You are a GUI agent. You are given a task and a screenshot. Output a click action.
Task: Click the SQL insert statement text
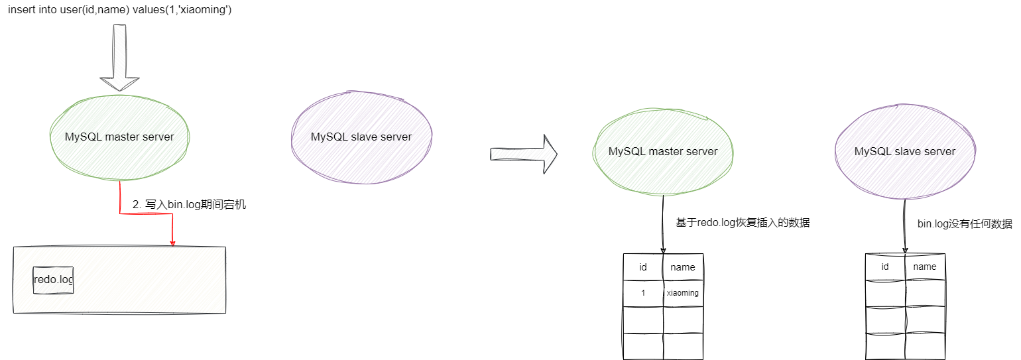tap(119, 11)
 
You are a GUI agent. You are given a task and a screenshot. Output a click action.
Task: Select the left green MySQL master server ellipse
tap(119, 137)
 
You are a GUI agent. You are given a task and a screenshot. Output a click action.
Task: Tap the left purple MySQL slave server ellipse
tap(361, 137)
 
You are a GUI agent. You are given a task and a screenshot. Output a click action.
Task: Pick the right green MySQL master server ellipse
tap(663, 152)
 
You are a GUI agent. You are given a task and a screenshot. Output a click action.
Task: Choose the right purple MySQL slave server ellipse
tap(905, 152)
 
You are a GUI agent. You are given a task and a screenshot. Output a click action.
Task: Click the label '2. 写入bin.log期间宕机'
tap(189, 206)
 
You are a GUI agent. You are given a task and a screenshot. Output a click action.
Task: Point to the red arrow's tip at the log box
tap(172, 244)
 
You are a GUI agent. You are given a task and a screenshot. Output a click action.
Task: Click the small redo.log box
tap(53, 280)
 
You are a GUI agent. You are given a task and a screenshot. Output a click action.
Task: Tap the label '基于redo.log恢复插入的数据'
tap(743, 223)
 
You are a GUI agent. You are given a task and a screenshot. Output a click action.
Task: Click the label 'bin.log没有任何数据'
tap(965, 224)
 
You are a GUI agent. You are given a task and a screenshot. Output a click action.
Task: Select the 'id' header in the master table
tap(643, 267)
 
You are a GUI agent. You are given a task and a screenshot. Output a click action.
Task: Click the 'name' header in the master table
tap(683, 267)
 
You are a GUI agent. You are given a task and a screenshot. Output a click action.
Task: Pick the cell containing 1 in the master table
tap(643, 293)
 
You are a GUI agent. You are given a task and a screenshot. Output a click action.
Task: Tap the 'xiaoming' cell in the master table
tap(683, 293)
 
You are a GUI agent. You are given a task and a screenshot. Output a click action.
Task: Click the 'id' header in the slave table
tap(885, 267)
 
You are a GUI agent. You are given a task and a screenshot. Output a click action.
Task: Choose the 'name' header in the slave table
tap(925, 267)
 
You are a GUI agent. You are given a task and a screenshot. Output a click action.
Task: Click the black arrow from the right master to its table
tap(663, 225)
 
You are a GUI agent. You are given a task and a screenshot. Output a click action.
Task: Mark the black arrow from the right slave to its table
tap(905, 225)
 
